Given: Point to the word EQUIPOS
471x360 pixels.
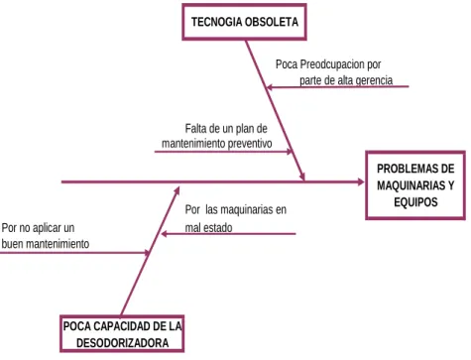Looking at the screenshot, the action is (415, 201).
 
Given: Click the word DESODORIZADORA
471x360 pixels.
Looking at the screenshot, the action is (122, 343).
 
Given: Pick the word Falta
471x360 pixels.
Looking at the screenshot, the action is (195, 128).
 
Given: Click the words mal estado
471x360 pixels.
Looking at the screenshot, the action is (208, 227).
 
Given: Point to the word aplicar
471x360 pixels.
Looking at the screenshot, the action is (47, 228).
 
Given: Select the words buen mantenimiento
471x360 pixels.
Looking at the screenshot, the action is (46, 244).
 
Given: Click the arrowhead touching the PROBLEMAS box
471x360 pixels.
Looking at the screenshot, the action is (360, 181).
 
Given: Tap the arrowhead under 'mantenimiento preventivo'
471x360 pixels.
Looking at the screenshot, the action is (290, 152).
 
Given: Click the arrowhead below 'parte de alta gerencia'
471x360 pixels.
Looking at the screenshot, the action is (270, 87).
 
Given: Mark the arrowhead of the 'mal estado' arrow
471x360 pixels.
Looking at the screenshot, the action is (164, 234).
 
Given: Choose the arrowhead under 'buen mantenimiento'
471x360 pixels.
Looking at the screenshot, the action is (147, 253).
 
